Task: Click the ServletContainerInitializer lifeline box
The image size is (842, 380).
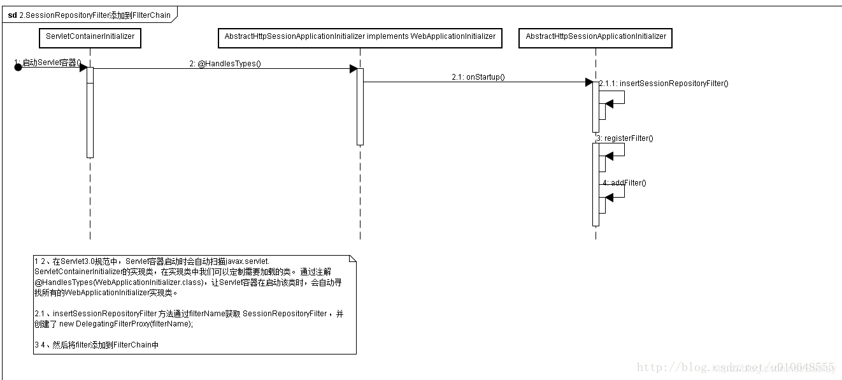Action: click(x=90, y=37)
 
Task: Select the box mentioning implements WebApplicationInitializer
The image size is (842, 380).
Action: click(x=360, y=37)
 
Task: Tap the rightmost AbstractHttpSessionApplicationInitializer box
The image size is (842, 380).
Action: click(x=596, y=37)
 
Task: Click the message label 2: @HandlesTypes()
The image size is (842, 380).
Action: click(x=225, y=64)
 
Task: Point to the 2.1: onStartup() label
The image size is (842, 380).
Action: click(x=478, y=77)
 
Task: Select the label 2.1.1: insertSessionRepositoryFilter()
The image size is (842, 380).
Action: click(x=663, y=84)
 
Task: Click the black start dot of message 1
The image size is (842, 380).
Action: click(x=18, y=67)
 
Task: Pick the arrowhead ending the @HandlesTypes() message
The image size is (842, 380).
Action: click(x=353, y=69)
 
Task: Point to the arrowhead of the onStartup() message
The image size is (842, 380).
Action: click(x=589, y=82)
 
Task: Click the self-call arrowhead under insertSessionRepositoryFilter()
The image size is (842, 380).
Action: click(x=609, y=104)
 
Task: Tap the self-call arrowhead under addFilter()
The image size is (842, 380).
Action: click(x=609, y=198)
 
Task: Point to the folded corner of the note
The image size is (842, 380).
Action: click(x=352, y=259)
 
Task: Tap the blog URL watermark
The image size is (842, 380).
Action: click(x=735, y=367)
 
